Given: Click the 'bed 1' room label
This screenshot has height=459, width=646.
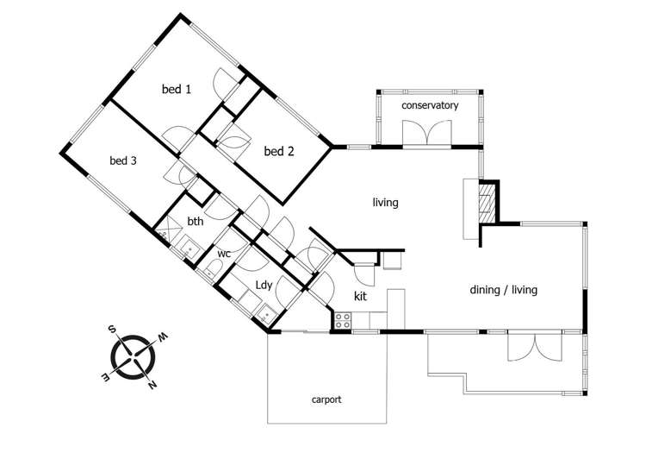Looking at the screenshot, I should click(177, 88).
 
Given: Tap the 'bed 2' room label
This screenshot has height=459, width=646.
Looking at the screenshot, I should click(279, 151).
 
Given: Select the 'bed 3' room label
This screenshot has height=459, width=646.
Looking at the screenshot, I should click(123, 160).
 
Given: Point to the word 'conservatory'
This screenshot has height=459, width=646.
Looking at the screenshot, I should click(430, 105).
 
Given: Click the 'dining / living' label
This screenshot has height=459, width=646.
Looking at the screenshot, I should click(503, 290).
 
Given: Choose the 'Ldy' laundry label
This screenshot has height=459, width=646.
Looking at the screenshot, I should click(264, 285).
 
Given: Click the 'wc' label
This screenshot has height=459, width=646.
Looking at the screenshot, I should click(223, 254).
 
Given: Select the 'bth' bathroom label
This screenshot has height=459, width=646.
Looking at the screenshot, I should click(196, 222).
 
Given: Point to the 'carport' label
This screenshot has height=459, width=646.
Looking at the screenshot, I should click(326, 399).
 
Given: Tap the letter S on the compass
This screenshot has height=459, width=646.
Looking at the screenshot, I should click(111, 329).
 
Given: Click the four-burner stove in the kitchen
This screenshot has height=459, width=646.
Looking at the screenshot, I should click(342, 320).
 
